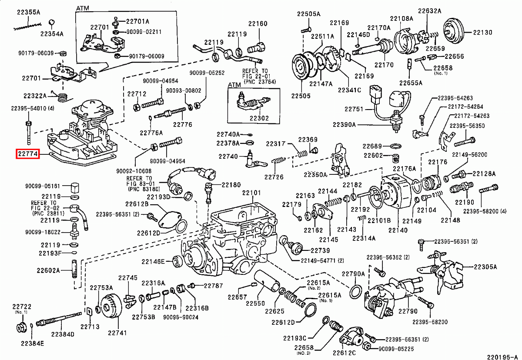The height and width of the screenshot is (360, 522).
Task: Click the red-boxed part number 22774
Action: tap(28, 153)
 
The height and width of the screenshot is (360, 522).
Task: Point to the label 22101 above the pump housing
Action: tap(251, 193)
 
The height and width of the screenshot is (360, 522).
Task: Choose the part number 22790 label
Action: tap(408, 311)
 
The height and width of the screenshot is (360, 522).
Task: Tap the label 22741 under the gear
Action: tap(117, 333)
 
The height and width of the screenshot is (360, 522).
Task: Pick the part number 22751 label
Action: tap(353, 110)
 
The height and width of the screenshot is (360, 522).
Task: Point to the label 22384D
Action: tap(63, 334)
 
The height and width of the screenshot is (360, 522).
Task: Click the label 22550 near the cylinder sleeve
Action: tap(255, 303)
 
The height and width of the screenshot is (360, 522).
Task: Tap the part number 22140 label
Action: tap(398, 230)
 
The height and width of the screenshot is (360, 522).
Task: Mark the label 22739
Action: tap(320, 250)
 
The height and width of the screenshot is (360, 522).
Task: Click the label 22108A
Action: tap(401, 18)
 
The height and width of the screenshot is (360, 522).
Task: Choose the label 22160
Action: tap(258, 24)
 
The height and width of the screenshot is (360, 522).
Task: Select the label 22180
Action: tap(231, 185)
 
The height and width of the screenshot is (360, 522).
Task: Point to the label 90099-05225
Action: tap(396, 348)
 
